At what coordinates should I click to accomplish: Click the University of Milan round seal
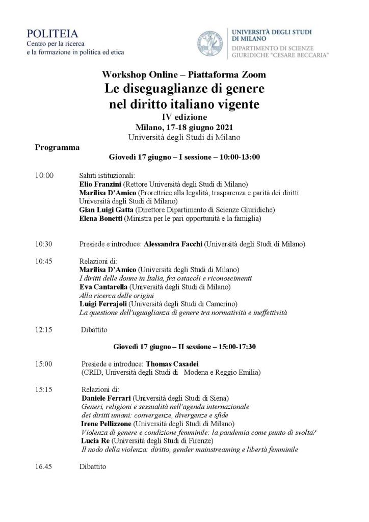pos(212,44)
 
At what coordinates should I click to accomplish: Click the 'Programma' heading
pos(57,148)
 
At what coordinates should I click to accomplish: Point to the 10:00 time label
pos(44,175)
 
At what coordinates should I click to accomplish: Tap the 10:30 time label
pos(44,244)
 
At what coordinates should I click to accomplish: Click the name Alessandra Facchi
pos(173,244)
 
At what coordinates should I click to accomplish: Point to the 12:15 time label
pos(44,330)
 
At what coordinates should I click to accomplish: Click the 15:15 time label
pos(44,389)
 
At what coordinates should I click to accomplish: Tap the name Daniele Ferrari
pos(105,398)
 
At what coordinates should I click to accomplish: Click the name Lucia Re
pos(94,441)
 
